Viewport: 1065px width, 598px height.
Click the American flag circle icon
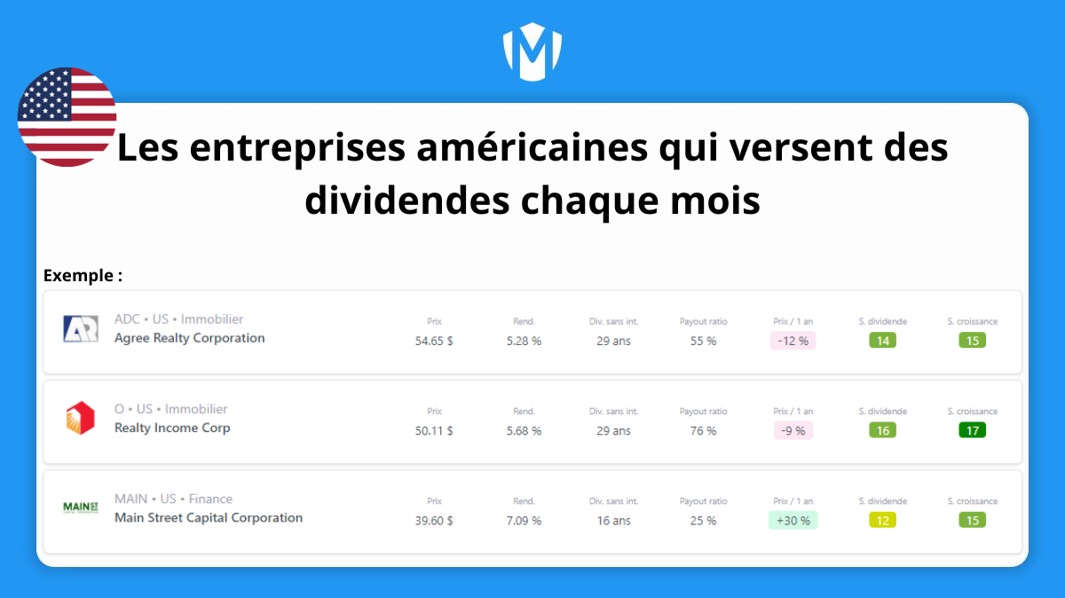pyautogui.click(x=67, y=117)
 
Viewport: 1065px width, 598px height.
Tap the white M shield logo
pyautogui.click(x=532, y=51)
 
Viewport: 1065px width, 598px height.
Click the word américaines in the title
pyautogui.click(x=532, y=147)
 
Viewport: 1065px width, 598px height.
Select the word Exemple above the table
pyautogui.click(x=78, y=275)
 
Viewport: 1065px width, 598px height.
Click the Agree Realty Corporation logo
pyautogui.click(x=81, y=329)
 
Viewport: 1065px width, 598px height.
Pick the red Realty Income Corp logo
pyautogui.click(x=81, y=418)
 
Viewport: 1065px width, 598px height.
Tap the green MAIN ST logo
pyautogui.click(x=81, y=508)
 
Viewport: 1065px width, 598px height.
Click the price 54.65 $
pyautogui.click(x=434, y=341)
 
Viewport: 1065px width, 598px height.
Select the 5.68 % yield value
pyautogui.click(x=524, y=430)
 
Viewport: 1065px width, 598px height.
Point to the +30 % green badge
pyautogui.click(x=793, y=521)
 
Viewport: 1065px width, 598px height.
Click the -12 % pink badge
pyautogui.click(x=793, y=341)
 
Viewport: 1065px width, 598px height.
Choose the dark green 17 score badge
pyautogui.click(x=973, y=430)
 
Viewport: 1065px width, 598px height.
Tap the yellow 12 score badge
pyautogui.click(x=882, y=520)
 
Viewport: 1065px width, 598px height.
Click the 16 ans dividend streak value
pyautogui.click(x=614, y=521)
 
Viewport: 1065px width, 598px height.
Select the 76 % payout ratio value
pyautogui.click(x=703, y=430)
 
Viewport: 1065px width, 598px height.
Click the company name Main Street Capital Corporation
pyautogui.click(x=209, y=517)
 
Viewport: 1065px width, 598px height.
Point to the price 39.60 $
pyautogui.click(x=434, y=521)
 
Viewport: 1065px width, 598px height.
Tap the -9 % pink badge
pyautogui.click(x=793, y=430)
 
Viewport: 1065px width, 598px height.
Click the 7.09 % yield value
pyautogui.click(x=524, y=521)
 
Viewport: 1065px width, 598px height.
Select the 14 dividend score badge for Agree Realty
pyautogui.click(x=882, y=341)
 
